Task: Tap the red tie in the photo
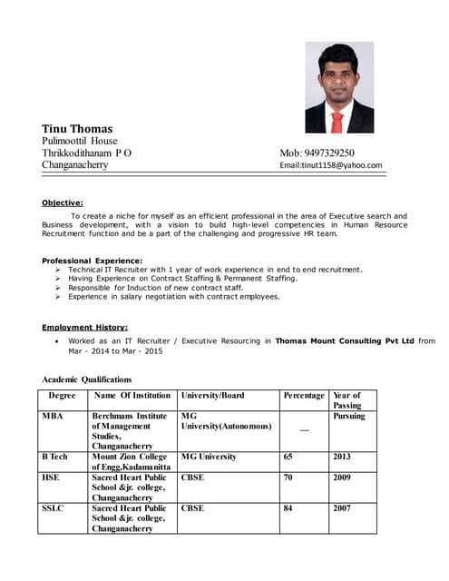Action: (x=337, y=121)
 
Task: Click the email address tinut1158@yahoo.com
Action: (x=331, y=165)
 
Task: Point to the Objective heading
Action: (x=63, y=202)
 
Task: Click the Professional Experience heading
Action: (x=92, y=261)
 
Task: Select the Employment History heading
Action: (x=84, y=327)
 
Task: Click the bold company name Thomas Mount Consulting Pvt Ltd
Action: (x=345, y=340)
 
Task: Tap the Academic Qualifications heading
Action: (x=87, y=379)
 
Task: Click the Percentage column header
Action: (x=304, y=396)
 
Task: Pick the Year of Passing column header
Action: (x=347, y=400)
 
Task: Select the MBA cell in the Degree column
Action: (x=53, y=416)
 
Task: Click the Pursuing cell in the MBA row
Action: (x=349, y=416)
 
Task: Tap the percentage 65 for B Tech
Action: (x=288, y=457)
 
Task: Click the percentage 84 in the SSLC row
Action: (x=288, y=508)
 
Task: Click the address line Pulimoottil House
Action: (x=80, y=142)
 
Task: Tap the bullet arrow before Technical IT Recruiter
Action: (x=58, y=271)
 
